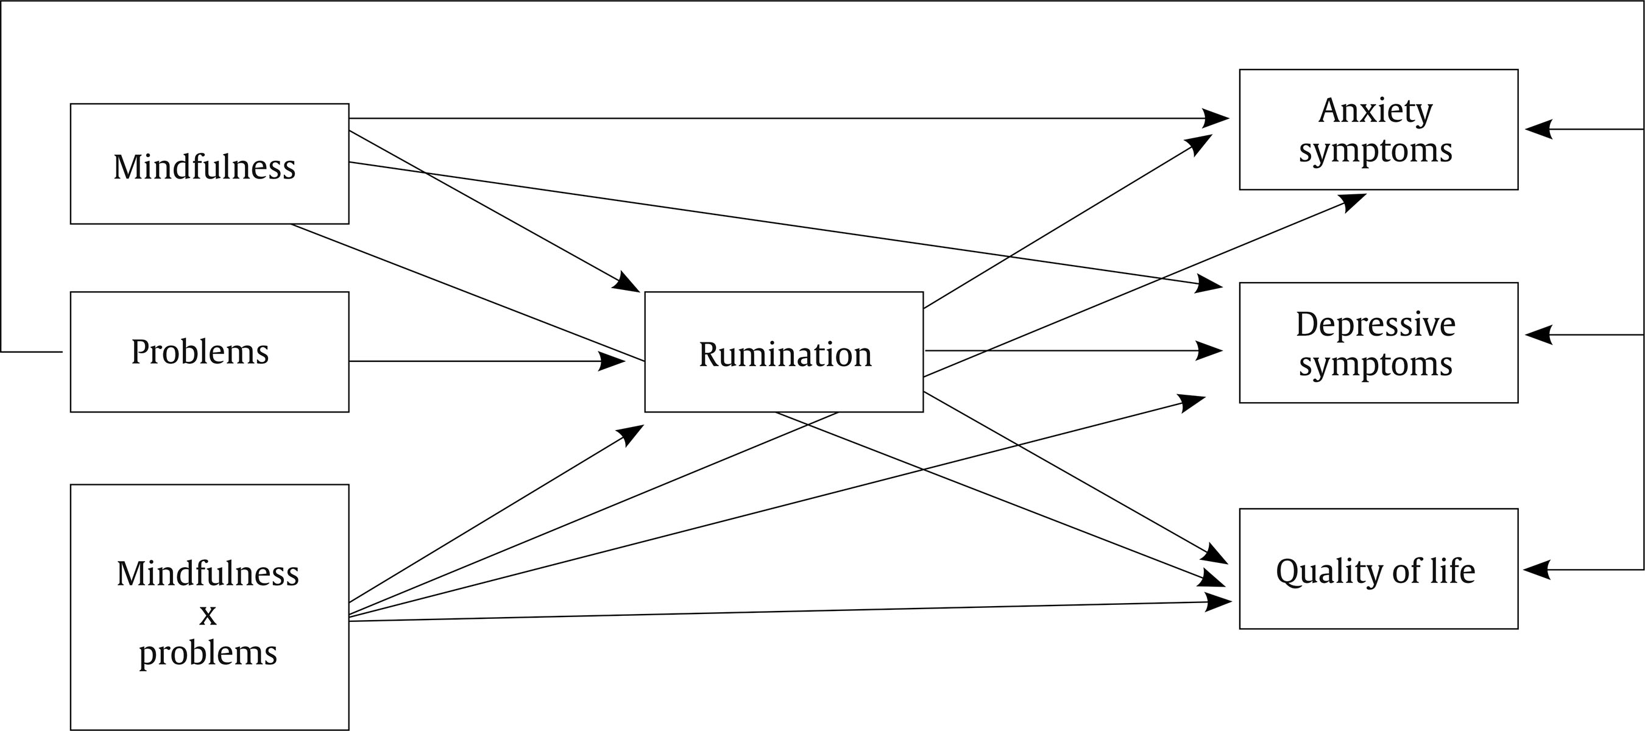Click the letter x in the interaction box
[208, 615]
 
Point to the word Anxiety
[1375, 110]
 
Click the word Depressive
[1375, 324]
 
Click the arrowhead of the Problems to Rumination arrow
[612, 361]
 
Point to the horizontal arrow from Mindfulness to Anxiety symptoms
[766, 118]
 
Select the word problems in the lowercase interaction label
[208, 653]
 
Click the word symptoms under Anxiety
[1375, 151]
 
